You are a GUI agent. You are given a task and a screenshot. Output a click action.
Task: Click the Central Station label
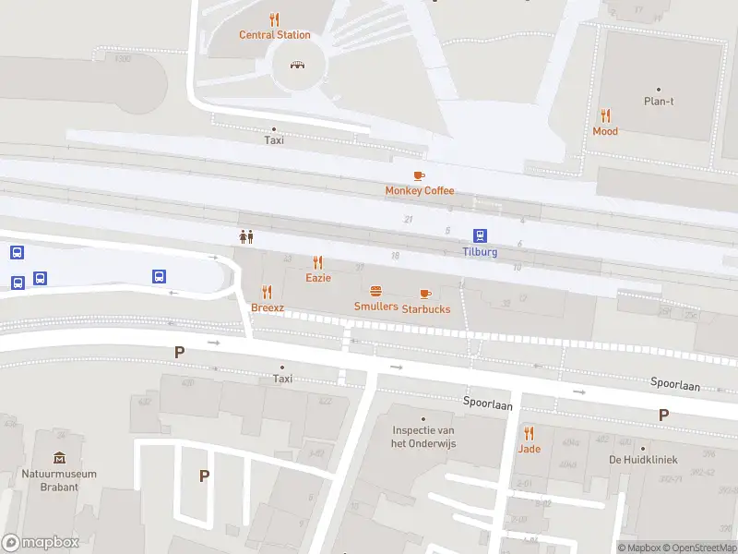(274, 35)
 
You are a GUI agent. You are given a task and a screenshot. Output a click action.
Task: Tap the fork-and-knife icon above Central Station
(274, 19)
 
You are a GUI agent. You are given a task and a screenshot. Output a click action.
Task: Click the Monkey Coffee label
(420, 190)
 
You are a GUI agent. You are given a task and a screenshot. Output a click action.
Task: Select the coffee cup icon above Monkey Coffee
(419, 175)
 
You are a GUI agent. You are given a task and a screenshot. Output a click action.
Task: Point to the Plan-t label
(659, 101)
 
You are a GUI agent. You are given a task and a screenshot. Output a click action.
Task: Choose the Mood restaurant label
(605, 131)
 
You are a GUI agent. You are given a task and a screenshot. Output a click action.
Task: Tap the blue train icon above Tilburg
(481, 236)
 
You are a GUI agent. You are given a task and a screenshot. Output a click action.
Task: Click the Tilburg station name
(480, 252)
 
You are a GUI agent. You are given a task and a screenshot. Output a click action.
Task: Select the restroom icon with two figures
(246, 236)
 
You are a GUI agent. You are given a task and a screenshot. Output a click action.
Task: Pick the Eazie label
(318, 277)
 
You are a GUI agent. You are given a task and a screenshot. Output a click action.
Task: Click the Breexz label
(268, 307)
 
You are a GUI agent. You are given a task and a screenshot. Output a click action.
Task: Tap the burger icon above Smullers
(376, 291)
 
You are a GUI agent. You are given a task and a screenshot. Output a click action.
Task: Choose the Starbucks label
(426, 308)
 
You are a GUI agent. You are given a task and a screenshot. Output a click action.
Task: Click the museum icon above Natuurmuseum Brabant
(59, 458)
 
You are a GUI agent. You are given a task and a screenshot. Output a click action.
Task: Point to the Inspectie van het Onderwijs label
(424, 437)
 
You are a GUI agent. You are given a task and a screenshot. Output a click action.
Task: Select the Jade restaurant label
(529, 449)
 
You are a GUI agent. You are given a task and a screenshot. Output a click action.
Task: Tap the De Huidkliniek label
(643, 459)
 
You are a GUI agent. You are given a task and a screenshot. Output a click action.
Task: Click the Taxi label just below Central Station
(274, 140)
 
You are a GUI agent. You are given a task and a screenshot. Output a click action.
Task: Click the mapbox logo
(41, 543)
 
